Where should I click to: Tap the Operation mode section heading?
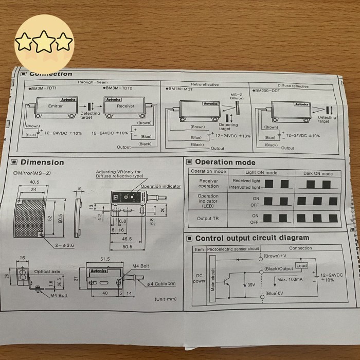pyautogui.click(x=224, y=161)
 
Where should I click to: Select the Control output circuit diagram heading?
pyautogui.click(x=252, y=238)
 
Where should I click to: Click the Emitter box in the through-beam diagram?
pyautogui.click(x=55, y=105)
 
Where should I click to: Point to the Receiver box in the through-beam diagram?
pyautogui.click(x=126, y=106)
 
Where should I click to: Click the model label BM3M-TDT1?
pyautogui.click(x=44, y=88)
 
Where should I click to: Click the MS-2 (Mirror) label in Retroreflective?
pyautogui.click(x=237, y=97)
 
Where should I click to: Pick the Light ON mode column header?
pyautogui.click(x=261, y=173)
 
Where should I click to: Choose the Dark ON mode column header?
pyautogui.click(x=318, y=174)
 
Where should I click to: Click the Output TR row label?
pyautogui.click(x=208, y=219)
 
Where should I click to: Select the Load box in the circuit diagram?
pyautogui.click(x=301, y=266)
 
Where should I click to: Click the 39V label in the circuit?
pyautogui.click(x=251, y=285)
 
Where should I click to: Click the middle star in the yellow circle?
pyautogui.click(x=45, y=41)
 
